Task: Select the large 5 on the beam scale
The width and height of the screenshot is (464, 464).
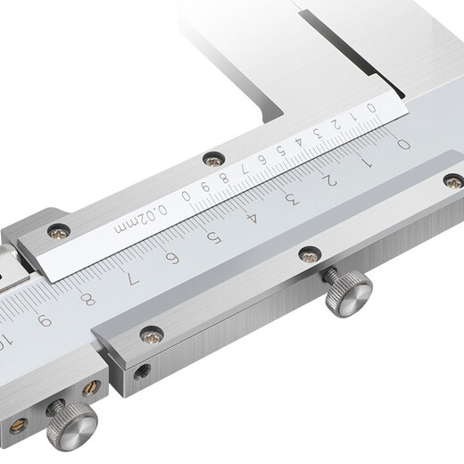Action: coord(212,236)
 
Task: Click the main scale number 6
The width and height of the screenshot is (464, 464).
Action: coord(171,258)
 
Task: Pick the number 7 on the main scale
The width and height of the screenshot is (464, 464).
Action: coord(131,278)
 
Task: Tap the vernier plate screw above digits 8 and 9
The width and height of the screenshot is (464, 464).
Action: coord(212,160)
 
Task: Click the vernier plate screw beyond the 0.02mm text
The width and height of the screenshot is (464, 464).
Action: coord(59,230)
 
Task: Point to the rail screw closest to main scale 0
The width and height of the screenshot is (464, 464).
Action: coord(452,181)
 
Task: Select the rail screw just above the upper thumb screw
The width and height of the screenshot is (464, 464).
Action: coord(309,254)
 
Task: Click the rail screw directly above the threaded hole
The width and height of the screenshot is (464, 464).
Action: coord(151,335)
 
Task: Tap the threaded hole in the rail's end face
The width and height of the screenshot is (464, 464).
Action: coord(141,374)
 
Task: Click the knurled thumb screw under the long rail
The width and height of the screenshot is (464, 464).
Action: coord(346,294)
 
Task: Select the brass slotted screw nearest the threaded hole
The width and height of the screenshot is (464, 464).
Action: coord(92,388)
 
